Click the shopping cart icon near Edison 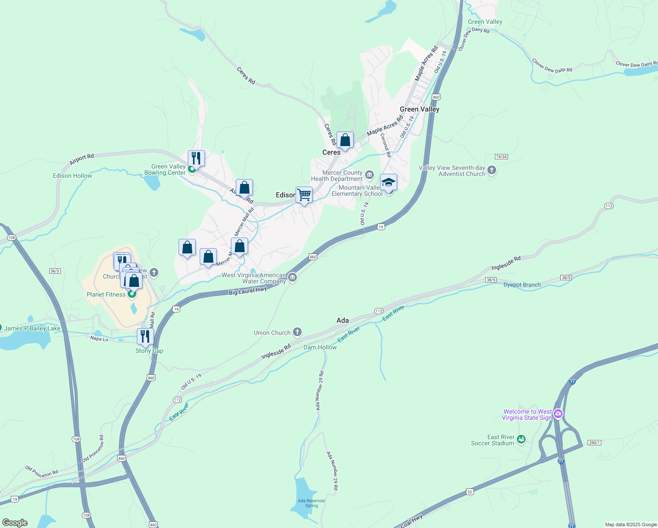click(x=304, y=194)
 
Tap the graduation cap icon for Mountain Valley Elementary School click(x=388, y=182)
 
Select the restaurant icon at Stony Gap click(x=145, y=337)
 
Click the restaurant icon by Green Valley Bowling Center click(x=196, y=158)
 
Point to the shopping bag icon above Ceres click(x=345, y=140)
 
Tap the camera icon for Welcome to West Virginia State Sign click(x=558, y=414)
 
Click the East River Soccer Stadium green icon click(x=521, y=439)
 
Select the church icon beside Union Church click(x=297, y=332)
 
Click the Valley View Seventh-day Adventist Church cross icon click(x=492, y=170)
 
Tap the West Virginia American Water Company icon click(x=292, y=277)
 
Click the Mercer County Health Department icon click(x=369, y=175)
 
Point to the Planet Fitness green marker click(x=132, y=294)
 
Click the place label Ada click(x=343, y=320)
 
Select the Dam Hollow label click(x=320, y=347)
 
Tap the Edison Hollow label click(x=73, y=176)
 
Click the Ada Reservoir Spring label click(x=311, y=503)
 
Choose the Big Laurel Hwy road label click(x=248, y=291)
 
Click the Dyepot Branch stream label click(x=522, y=285)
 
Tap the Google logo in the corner click(x=15, y=523)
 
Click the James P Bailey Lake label click(x=32, y=328)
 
